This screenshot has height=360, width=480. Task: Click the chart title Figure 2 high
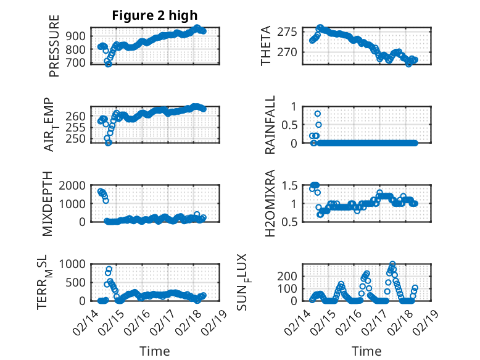click(x=154, y=15)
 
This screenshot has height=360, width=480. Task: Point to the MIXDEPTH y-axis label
click(x=47, y=204)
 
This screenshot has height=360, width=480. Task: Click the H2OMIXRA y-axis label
click(x=270, y=204)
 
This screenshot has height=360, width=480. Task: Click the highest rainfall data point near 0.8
click(x=318, y=114)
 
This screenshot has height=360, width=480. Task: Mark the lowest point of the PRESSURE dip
click(x=109, y=64)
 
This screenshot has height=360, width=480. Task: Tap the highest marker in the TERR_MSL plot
click(x=109, y=269)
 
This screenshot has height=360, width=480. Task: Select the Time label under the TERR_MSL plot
click(x=154, y=351)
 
